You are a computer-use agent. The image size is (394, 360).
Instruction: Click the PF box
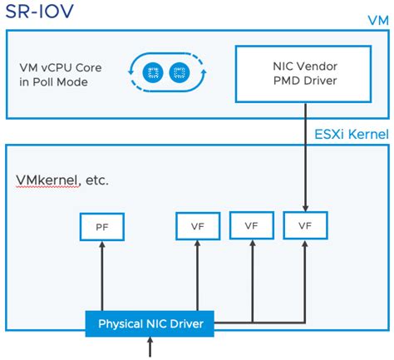(101, 224)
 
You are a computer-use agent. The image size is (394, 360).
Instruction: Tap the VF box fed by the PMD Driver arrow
(304, 224)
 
